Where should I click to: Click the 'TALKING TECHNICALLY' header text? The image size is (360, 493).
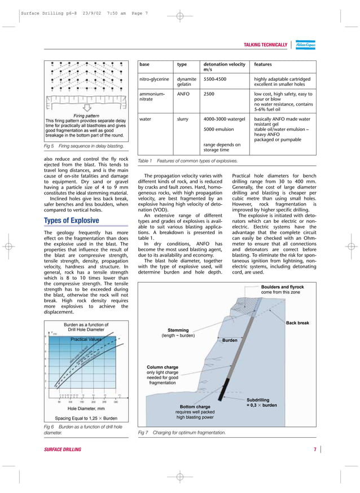[265, 45]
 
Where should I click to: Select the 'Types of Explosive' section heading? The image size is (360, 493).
[72, 221]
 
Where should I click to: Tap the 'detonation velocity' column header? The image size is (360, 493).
[224, 64]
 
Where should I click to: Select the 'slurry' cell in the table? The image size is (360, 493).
[183, 119]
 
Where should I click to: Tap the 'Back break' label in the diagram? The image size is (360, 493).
[297, 323]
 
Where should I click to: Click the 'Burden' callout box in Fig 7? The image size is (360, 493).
[230, 341]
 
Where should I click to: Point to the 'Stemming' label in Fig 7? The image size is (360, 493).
[178, 330]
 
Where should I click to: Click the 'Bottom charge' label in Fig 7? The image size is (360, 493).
[195, 406]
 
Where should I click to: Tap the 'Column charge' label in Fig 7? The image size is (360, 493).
[163, 368]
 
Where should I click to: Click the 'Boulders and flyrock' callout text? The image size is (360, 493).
[282, 287]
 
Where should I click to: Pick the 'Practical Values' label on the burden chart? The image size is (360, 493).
[86, 340]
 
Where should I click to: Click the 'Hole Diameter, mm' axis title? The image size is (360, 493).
[86, 408]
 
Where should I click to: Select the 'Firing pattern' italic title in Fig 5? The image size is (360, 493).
[86, 116]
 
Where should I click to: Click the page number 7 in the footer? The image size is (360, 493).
[315, 449]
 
